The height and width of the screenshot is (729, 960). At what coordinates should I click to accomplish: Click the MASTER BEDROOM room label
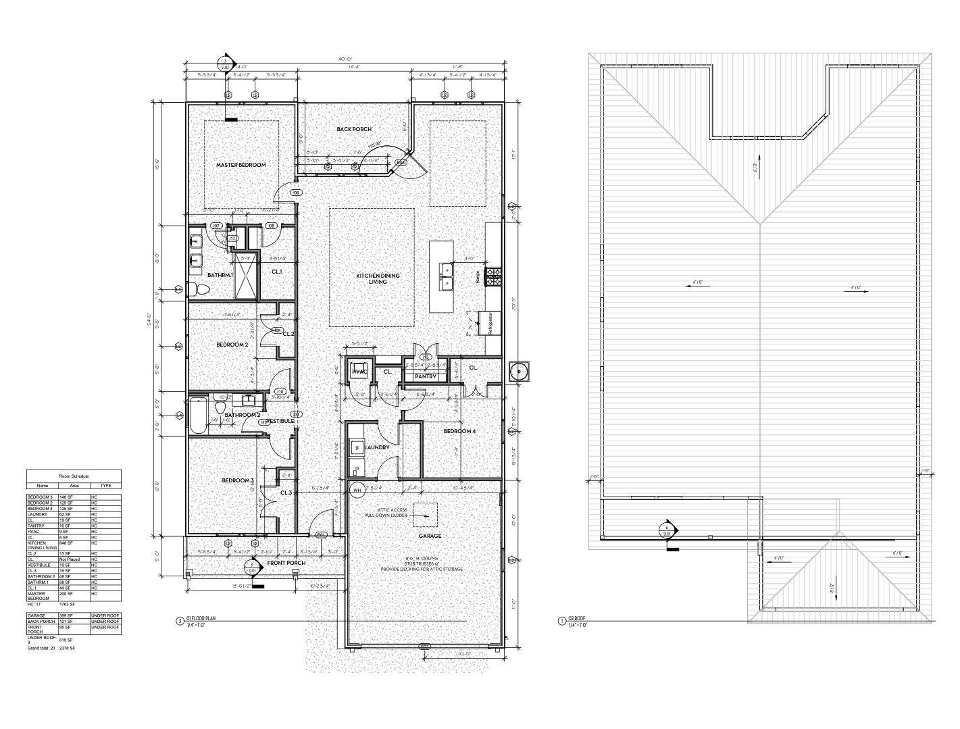pos(241,165)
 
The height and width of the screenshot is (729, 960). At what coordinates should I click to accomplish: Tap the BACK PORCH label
pos(354,129)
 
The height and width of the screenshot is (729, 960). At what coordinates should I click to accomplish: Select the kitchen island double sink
pos(447,275)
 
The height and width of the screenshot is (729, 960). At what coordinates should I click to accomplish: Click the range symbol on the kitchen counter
pos(494,274)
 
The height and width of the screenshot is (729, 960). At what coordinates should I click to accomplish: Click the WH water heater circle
pos(358,490)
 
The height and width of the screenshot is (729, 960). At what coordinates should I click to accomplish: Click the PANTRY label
pos(425,376)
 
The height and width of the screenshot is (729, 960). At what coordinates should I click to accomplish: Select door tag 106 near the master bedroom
pos(295,193)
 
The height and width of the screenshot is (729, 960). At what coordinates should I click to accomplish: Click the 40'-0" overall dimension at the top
pos(345,59)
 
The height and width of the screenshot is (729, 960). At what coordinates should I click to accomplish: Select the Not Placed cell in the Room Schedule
pos(70,559)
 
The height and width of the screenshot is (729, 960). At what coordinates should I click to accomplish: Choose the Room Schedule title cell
pos(74,476)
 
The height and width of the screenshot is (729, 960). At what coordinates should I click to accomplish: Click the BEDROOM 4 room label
pos(459,431)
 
